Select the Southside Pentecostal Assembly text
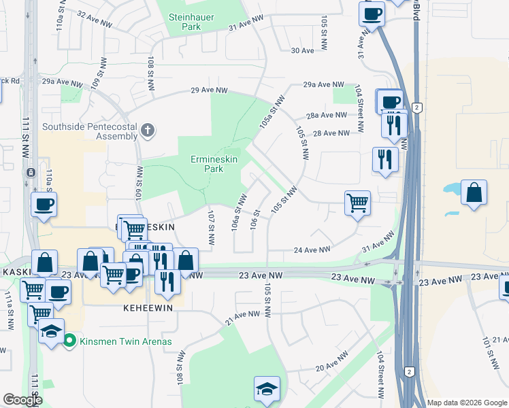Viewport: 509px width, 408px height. click(90, 131)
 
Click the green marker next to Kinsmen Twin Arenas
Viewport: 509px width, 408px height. click(69, 341)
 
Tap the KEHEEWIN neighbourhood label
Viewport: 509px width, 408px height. click(148, 307)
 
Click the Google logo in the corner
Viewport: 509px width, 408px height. click(22, 400)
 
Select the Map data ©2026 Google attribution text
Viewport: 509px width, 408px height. click(466, 403)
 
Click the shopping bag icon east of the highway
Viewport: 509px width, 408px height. click(474, 194)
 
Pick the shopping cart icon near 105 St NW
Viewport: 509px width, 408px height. click(357, 203)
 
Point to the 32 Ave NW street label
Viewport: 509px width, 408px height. click(95, 18)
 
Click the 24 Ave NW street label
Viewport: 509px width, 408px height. click(307, 250)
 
